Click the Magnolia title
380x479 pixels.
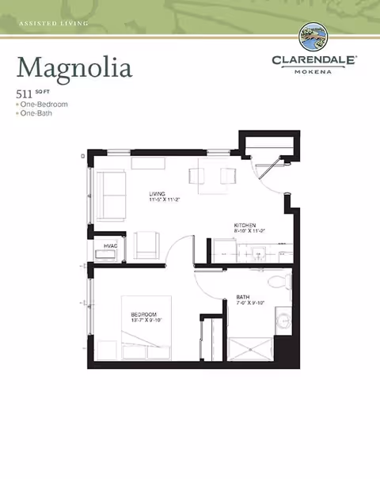pyautogui.click(x=74, y=67)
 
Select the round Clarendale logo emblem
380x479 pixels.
pyautogui.click(x=315, y=37)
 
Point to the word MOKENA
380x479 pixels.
pyautogui.click(x=315, y=70)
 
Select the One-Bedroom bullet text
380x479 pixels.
pyautogui.click(x=44, y=105)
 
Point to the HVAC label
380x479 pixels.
pyautogui.click(x=111, y=247)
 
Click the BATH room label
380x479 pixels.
pyautogui.click(x=243, y=298)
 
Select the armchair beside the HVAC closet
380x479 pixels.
pyautogui.click(x=146, y=245)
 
